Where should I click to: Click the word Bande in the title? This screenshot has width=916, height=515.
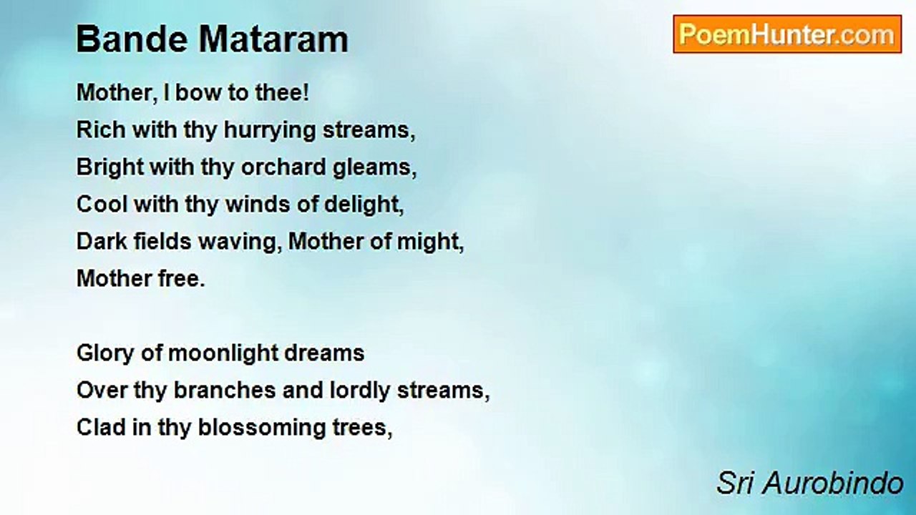coord(132,39)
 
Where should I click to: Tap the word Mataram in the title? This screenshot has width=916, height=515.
coord(273,39)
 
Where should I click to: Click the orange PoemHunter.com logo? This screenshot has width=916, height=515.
coord(787,34)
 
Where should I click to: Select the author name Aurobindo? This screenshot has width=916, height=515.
coord(833,483)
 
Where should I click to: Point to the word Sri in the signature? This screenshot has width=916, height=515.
coord(735,483)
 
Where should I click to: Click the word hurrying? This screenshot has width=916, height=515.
coord(270,131)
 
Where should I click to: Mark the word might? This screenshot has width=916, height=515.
coord(431,242)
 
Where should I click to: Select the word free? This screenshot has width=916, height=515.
coord(182,279)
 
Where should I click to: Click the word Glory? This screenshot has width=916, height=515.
coord(105,353)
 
